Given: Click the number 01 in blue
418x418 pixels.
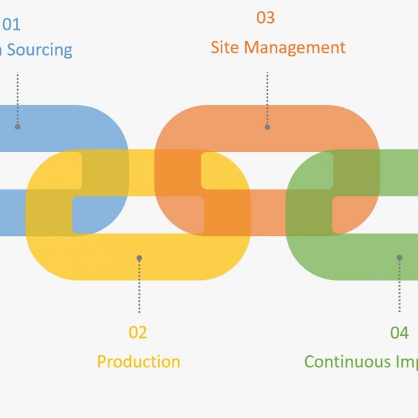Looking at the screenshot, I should (11, 25).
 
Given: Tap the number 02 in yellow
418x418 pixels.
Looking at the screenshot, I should (138, 332).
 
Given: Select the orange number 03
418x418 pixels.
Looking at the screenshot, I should (265, 17).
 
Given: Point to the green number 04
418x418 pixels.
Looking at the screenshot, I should (399, 333).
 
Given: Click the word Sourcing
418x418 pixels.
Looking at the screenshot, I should (40, 50).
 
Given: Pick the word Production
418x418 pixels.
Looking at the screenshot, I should (139, 362).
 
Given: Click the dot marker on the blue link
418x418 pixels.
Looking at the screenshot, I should (17, 127).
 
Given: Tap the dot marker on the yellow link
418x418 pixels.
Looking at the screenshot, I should (139, 258).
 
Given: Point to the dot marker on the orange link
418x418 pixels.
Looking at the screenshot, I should (268, 127).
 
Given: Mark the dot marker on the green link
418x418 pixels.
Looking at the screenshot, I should (399, 258).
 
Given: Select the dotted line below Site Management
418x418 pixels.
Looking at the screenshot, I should (268, 98).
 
